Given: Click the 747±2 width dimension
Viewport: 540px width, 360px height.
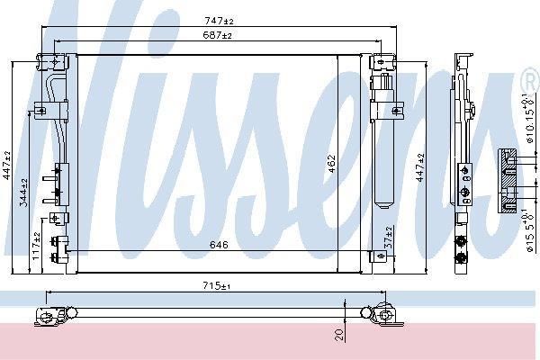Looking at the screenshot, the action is (219, 21).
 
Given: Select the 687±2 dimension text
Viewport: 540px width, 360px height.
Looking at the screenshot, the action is (217, 35).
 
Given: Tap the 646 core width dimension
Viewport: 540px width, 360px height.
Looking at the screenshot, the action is (219, 245).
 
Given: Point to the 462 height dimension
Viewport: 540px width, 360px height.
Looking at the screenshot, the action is (331, 164).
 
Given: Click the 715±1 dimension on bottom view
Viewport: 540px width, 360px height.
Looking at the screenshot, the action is (217, 285).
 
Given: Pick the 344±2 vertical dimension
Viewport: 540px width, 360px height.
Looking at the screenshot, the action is (23, 193).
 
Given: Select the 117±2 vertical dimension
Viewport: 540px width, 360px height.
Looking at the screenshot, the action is (37, 246).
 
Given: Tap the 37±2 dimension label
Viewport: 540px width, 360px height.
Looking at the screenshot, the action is (389, 238).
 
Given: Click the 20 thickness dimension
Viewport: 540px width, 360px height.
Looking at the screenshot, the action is (339, 335).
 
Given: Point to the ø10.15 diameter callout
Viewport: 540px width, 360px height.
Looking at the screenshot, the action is (531, 118).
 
